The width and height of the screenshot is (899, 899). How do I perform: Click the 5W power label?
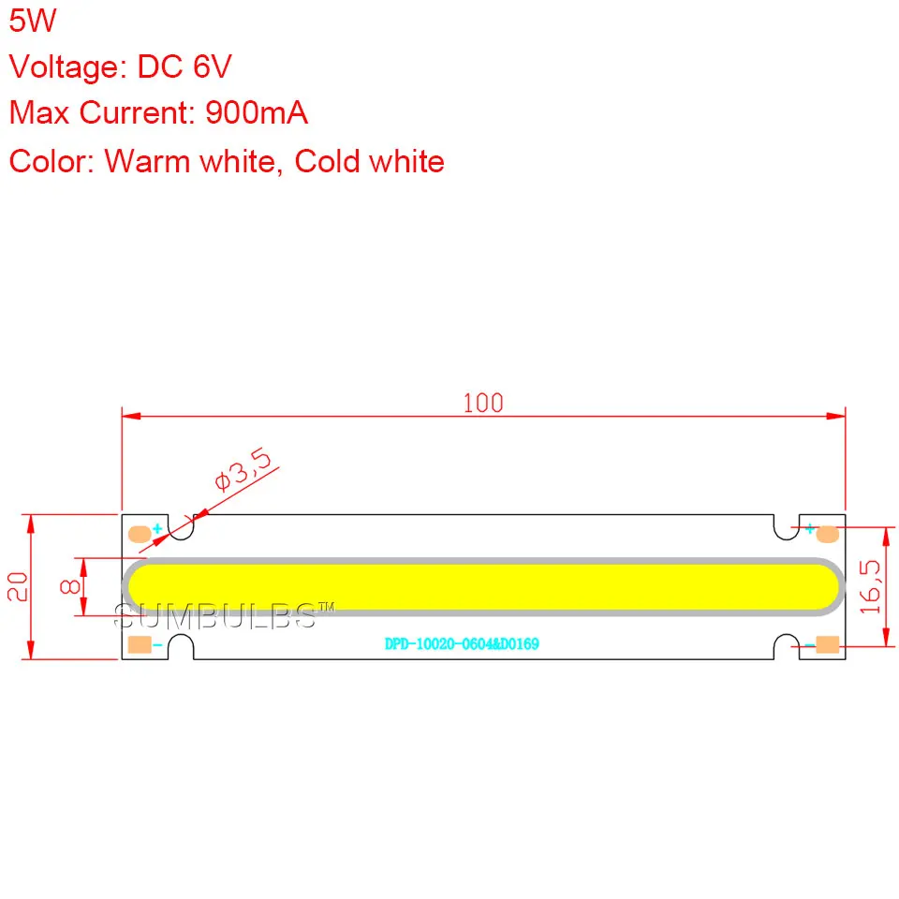[33, 21]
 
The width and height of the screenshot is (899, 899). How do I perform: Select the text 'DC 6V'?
[184, 66]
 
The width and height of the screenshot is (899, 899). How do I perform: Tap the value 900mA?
[257, 112]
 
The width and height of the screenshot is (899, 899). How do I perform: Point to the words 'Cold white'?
[369, 161]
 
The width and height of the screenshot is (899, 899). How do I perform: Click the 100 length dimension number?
[483, 403]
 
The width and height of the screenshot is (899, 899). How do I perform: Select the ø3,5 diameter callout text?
[243, 469]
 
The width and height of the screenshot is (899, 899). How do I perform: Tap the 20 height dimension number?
[18, 586]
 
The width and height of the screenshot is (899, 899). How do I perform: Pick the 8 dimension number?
[70, 586]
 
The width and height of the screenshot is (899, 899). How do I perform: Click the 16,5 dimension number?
[870, 586]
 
